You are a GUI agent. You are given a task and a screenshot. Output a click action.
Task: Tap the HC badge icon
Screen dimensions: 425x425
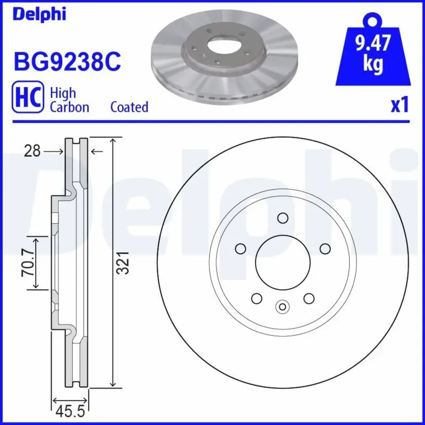coord(27,99)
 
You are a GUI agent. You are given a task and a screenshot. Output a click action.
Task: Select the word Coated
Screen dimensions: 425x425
coord(129,107)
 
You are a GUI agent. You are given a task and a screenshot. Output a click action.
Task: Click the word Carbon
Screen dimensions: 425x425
coord(69,107)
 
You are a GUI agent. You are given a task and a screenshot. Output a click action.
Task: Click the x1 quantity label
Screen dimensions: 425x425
coord(399,105)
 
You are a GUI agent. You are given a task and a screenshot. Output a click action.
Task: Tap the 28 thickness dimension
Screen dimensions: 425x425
coord(32,152)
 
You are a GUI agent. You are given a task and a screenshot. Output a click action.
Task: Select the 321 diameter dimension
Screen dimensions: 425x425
coord(123,262)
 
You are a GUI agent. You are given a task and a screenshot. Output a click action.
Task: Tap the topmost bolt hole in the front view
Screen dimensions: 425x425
coord(283,218)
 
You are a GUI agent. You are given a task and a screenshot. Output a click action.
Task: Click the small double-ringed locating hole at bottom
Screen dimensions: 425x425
coord(283,306)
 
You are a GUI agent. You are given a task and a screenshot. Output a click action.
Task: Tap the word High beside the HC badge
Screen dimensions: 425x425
coord(62,93)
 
